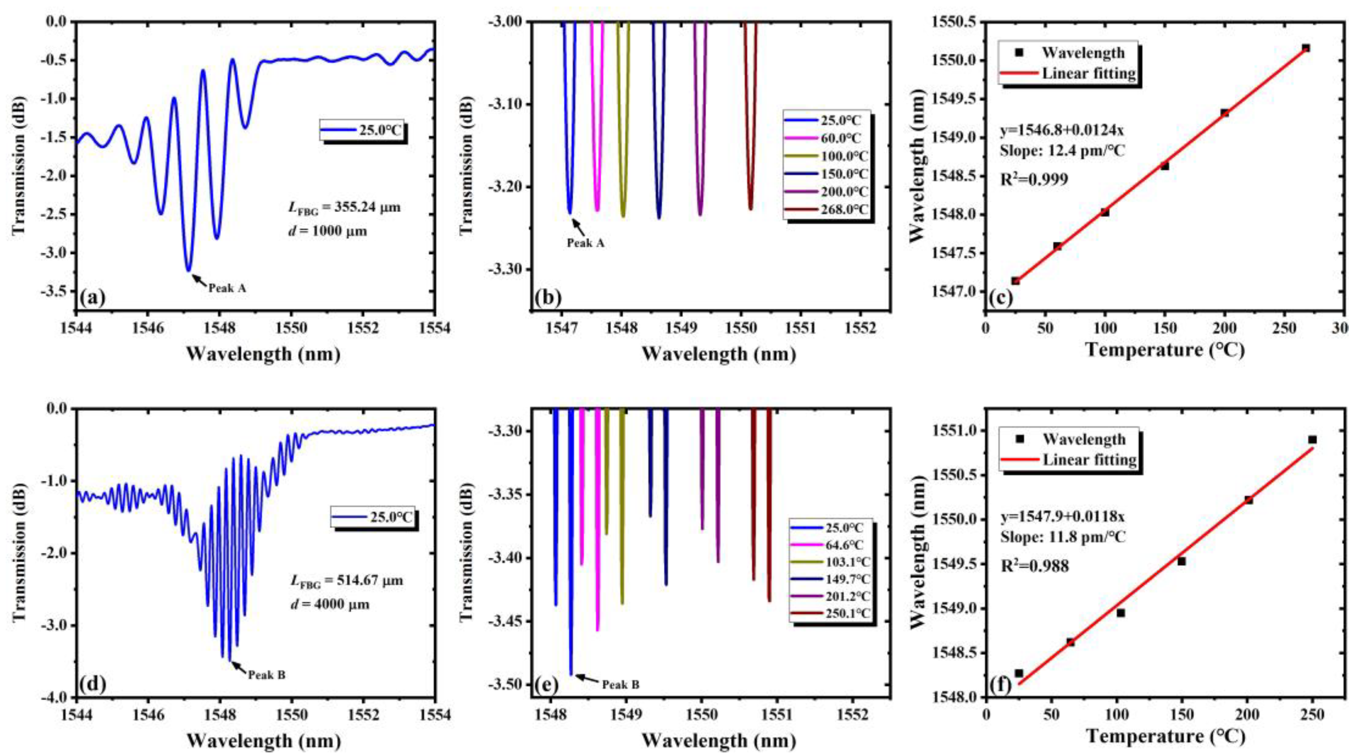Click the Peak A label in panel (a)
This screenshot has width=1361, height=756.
(x=227, y=288)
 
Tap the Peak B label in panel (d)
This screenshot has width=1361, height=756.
(x=267, y=675)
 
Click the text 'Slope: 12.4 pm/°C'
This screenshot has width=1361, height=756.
(x=1062, y=151)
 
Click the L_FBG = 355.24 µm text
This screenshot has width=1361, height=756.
(x=344, y=208)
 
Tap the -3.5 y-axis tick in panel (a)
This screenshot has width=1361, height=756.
(x=54, y=292)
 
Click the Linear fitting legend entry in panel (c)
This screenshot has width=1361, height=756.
(x=1088, y=74)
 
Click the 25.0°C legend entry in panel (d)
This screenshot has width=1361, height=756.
(x=390, y=517)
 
